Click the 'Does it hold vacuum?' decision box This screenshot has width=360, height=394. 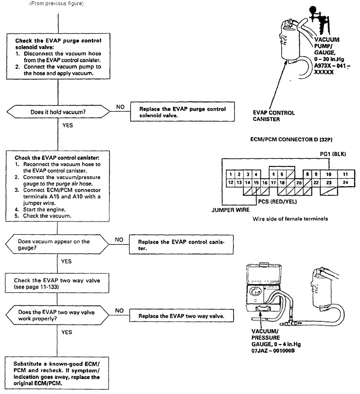(58, 112)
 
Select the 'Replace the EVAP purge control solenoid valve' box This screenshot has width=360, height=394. (183, 112)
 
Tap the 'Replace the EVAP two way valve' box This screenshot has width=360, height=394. (181, 316)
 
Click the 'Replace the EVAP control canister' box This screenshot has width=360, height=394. (181, 245)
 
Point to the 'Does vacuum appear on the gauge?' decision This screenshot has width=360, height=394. (57, 245)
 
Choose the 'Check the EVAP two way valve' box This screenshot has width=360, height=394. (57, 283)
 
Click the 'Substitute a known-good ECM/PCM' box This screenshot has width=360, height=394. (57, 373)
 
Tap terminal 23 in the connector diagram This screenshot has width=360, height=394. (329, 183)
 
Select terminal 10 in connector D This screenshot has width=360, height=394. (328, 174)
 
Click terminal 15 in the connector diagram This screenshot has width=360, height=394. (256, 183)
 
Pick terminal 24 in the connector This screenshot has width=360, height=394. (346, 183)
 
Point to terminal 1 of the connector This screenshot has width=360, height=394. (231, 174)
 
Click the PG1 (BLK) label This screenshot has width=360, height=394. (333, 154)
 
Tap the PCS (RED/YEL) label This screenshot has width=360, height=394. (277, 202)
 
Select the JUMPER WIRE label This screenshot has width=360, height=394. (230, 210)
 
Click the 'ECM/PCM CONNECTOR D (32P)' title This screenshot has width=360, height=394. (291, 140)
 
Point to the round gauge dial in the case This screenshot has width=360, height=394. (255, 292)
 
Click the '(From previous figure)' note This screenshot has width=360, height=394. (57, 3)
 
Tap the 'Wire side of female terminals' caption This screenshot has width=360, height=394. (290, 219)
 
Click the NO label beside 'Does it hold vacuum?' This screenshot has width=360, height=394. (120, 107)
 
